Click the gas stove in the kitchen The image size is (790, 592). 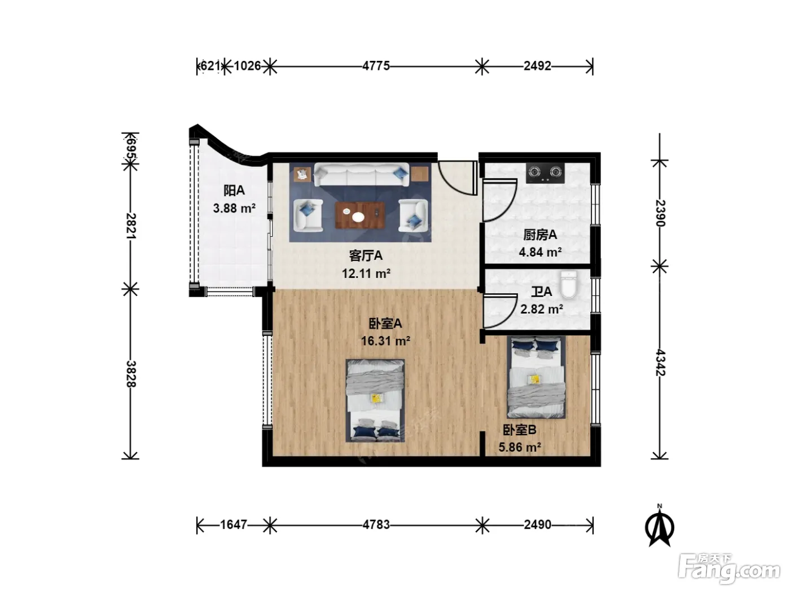pos(545,173)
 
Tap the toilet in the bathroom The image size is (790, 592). pos(568,285)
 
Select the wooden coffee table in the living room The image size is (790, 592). pos(360,215)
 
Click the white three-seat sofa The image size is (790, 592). pos(361,174)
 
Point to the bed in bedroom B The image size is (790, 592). pos(536,377)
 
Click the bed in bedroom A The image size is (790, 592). pos(375,400)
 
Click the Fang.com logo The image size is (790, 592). pos(729,568)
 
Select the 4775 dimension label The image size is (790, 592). pos(376,66)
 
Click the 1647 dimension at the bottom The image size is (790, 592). pos(234,525)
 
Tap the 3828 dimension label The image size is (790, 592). pos(131,374)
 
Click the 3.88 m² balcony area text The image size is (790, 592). pos(234,208)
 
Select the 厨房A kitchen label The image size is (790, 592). pos(540,235)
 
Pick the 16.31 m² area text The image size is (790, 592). pos(385,341)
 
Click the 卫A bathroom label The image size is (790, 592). pos(541,291)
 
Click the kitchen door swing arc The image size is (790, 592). pos(508,207)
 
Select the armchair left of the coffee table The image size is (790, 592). pos(308,215)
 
